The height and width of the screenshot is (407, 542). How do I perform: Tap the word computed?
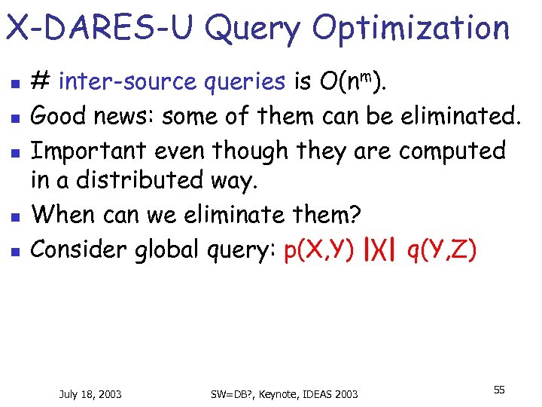[x=452, y=150]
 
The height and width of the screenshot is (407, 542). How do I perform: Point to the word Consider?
[x=78, y=249]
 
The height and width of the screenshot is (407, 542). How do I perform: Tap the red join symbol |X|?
[x=381, y=249]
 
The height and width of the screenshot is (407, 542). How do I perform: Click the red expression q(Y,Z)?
[x=441, y=249]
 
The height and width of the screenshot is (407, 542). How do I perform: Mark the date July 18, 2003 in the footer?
[x=90, y=393]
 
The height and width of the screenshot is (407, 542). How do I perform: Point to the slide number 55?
[x=499, y=389]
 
